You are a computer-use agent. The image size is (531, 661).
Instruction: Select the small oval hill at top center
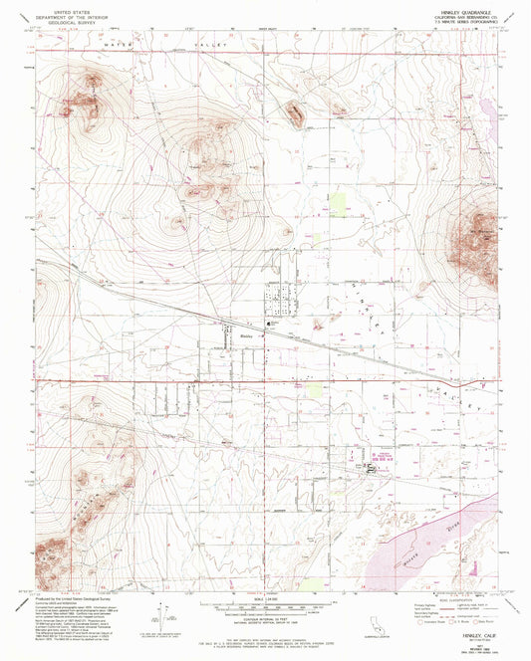click(x=296, y=114)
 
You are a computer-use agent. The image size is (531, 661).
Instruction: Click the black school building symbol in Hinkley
click(x=269, y=326)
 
